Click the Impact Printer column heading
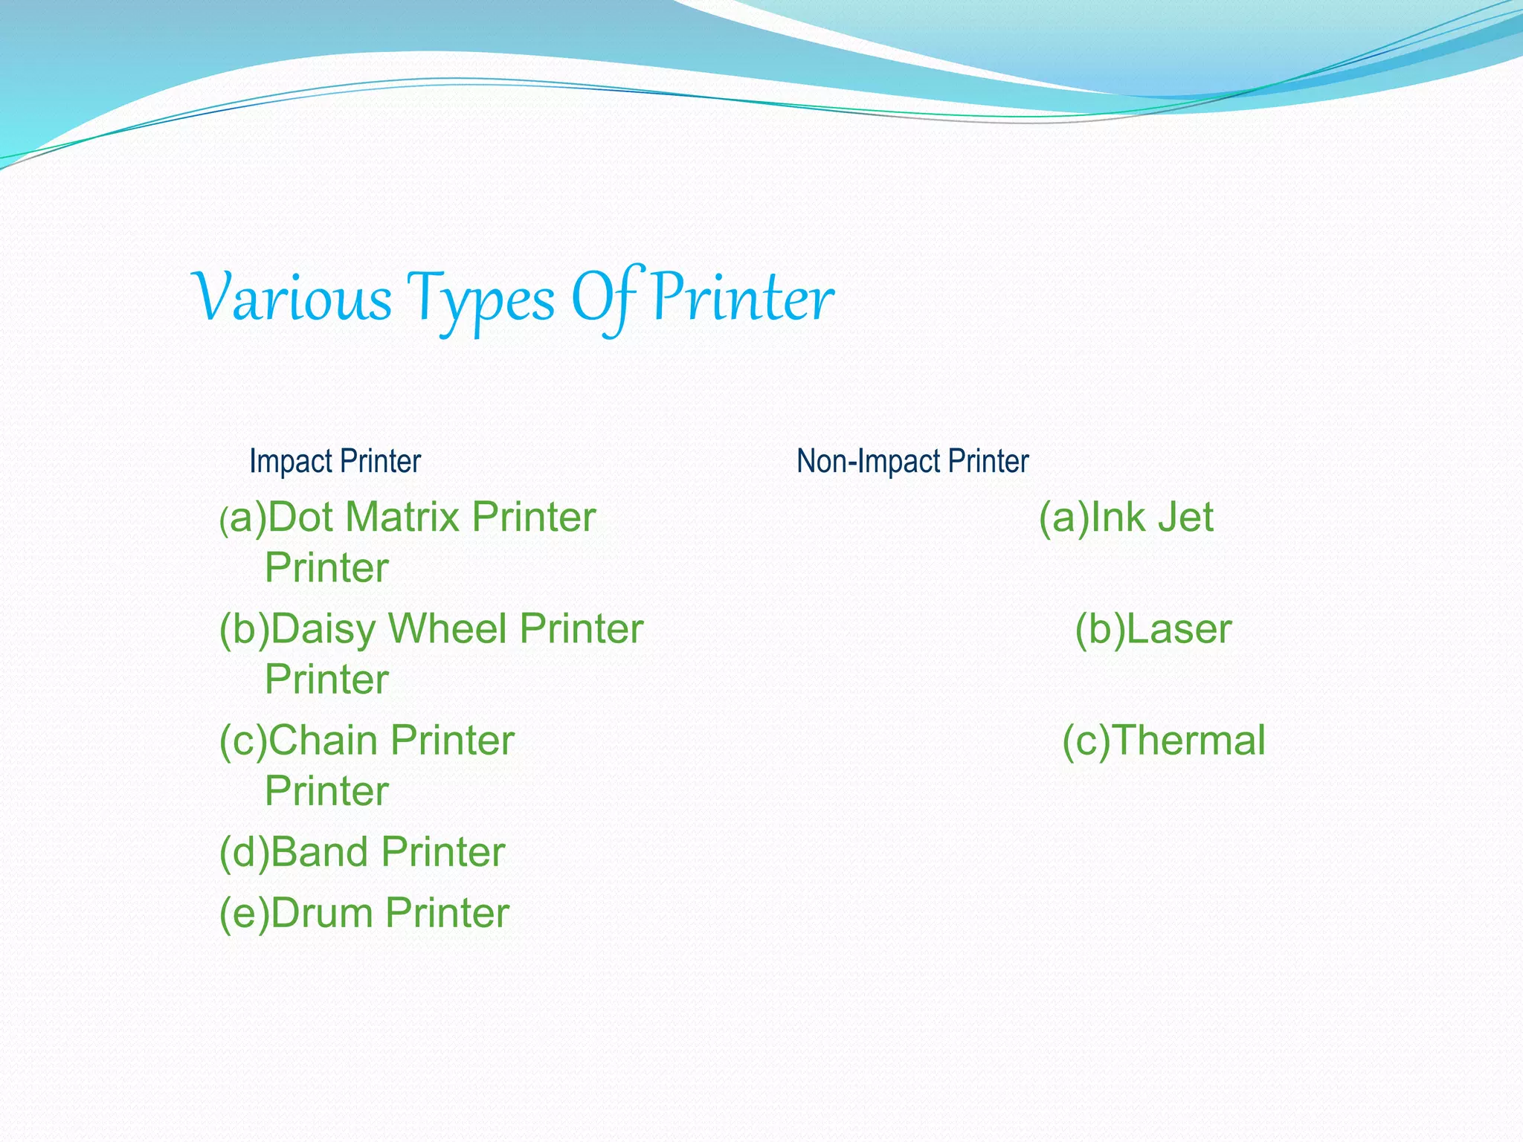tap(335, 462)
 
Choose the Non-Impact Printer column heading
tap(912, 462)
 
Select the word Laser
tap(1179, 629)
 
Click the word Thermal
tap(1189, 741)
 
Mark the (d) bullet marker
tap(244, 852)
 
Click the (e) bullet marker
tap(244, 913)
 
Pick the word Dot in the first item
tap(300, 517)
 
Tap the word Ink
tap(1115, 517)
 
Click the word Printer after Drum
tap(447, 913)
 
